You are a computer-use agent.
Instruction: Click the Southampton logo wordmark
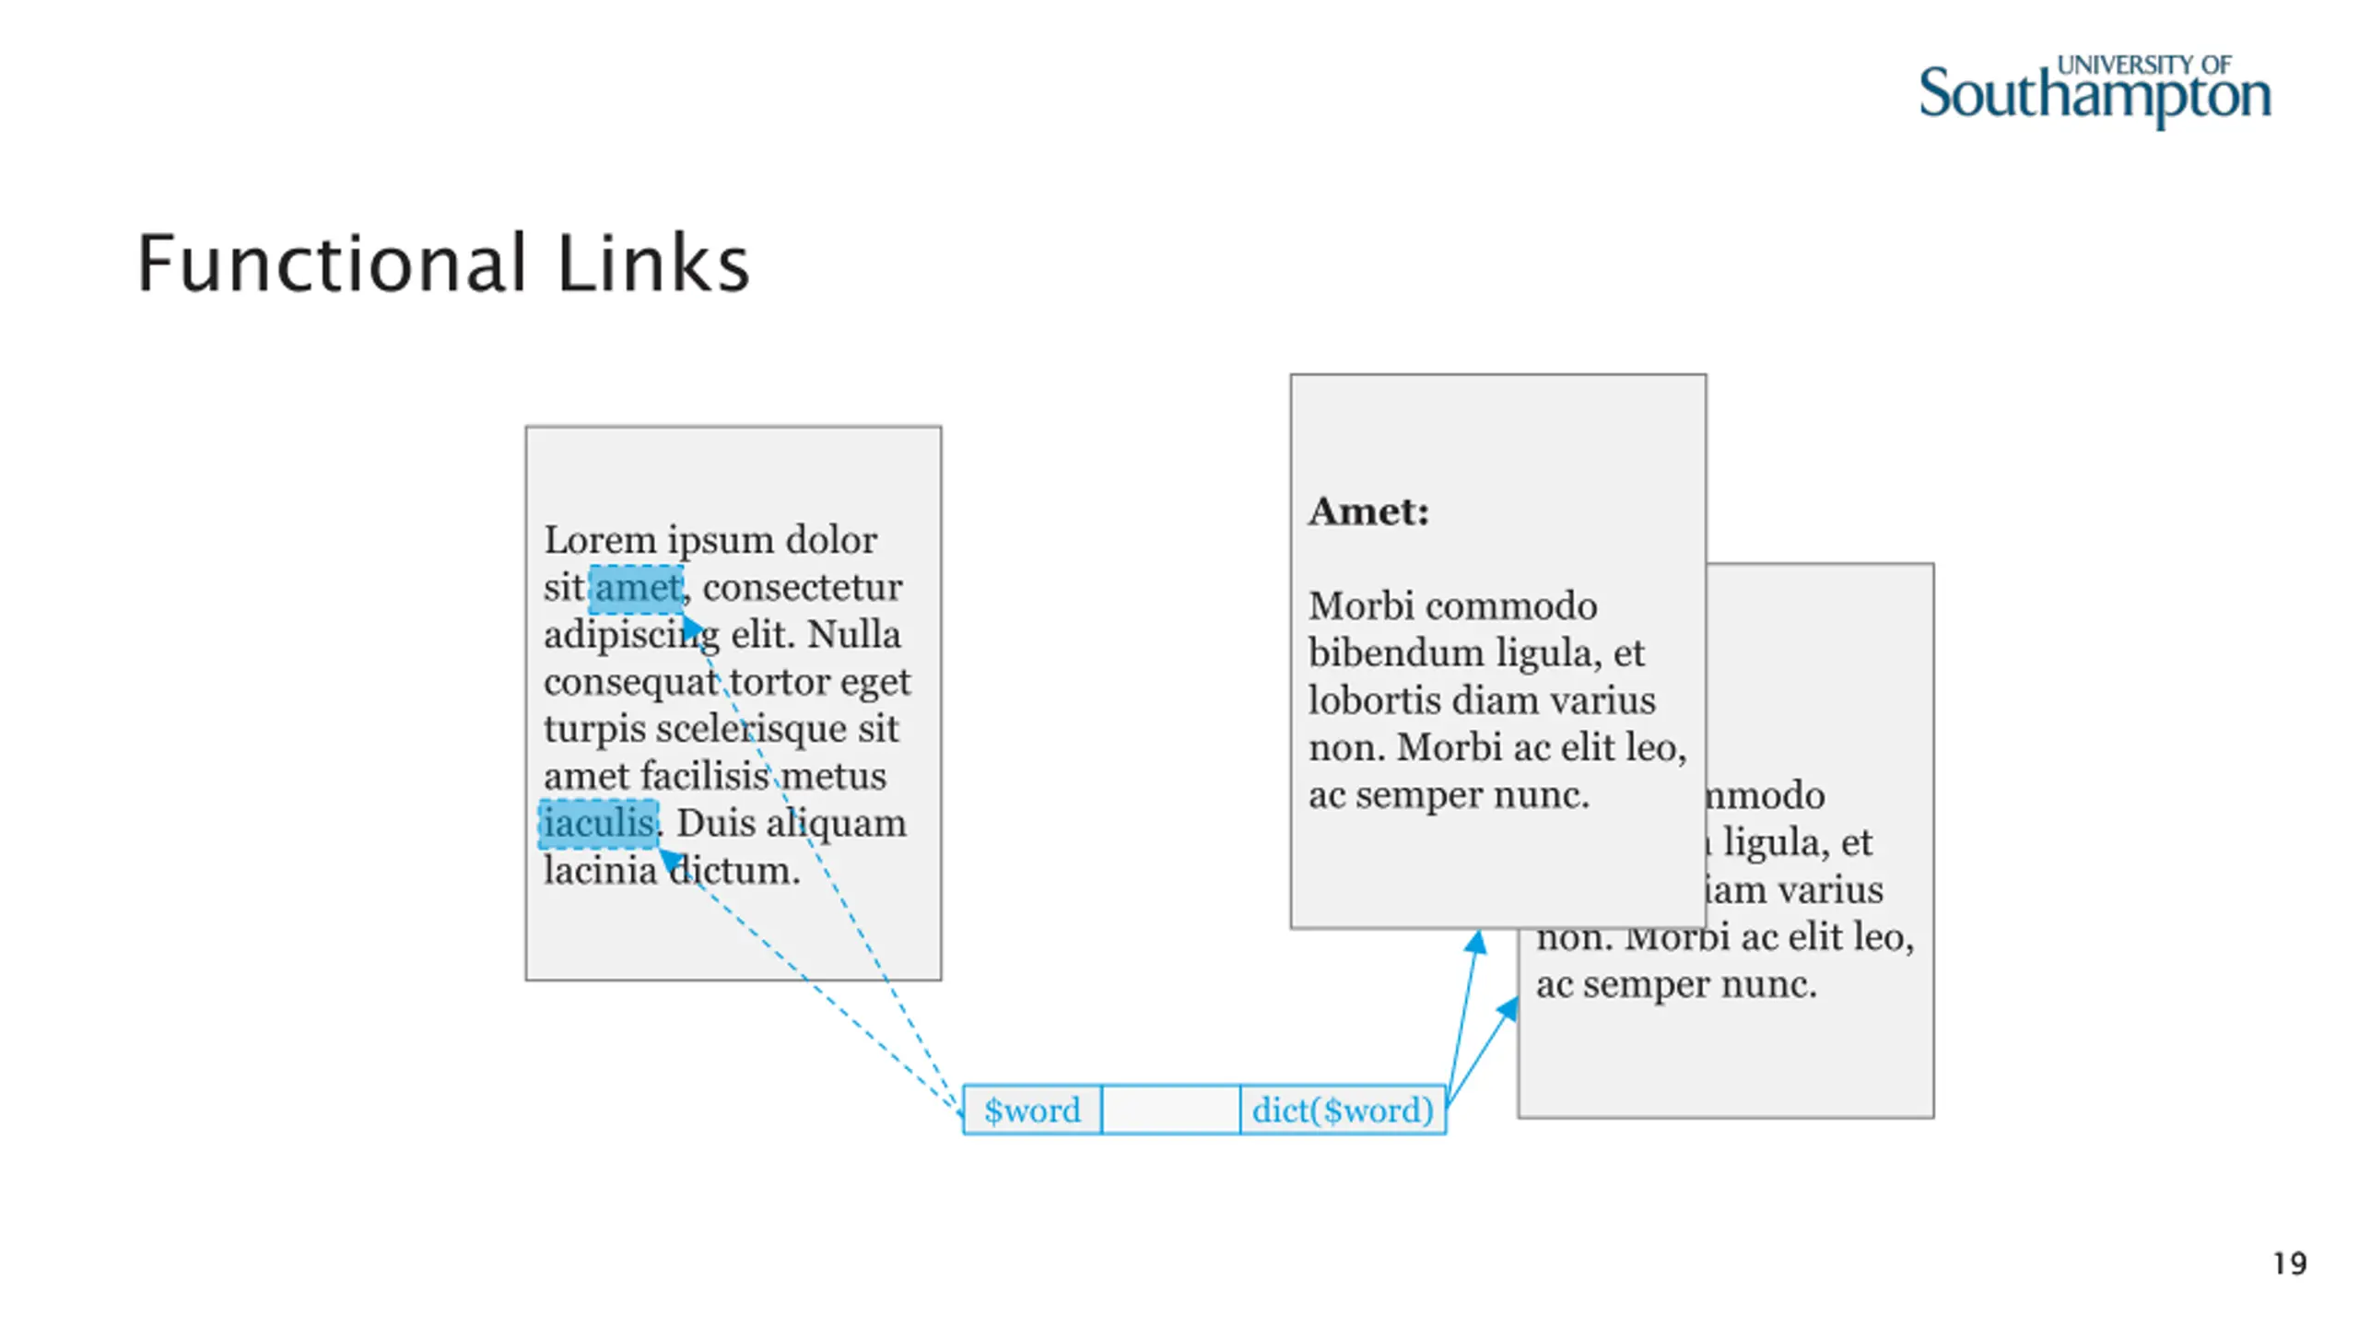tap(2094, 96)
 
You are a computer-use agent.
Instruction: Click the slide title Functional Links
tap(443, 264)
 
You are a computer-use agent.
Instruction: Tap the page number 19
tap(2290, 1263)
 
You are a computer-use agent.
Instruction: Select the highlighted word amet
tap(637, 588)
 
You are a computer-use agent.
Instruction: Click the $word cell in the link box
tap(1032, 1110)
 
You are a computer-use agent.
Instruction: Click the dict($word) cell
tap(1343, 1110)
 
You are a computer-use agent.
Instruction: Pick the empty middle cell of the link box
tap(1170, 1110)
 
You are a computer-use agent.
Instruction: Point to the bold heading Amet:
tap(1369, 511)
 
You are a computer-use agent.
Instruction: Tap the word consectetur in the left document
tap(802, 588)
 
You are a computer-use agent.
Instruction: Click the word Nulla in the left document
tap(853, 635)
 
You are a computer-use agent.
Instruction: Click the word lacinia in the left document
tap(599, 871)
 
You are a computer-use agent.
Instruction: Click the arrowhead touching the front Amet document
tap(1477, 942)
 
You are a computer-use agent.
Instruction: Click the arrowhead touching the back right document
tap(1508, 1008)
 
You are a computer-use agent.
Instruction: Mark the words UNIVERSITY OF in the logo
tap(2143, 65)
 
